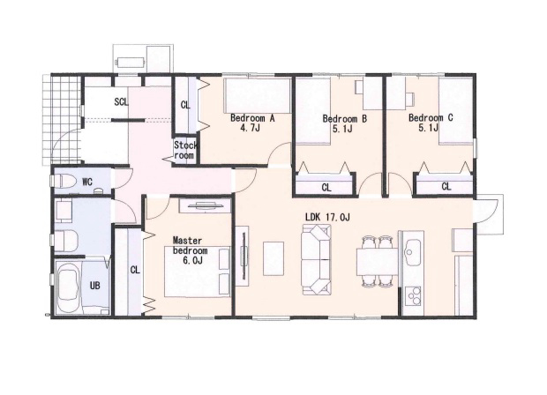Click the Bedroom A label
(x=252, y=118)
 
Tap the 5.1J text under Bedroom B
(x=342, y=130)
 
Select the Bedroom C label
(x=431, y=118)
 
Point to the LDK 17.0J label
(x=327, y=218)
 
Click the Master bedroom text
(x=190, y=246)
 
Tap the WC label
(x=87, y=182)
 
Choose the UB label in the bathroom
(x=95, y=286)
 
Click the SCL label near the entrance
(x=122, y=102)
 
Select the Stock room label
(x=185, y=150)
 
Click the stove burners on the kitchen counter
(x=413, y=296)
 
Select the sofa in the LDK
(x=316, y=259)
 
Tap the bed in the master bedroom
(x=197, y=272)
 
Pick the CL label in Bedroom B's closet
(x=326, y=188)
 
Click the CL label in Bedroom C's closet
(x=446, y=187)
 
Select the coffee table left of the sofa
(x=273, y=258)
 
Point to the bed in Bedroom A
(x=258, y=95)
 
